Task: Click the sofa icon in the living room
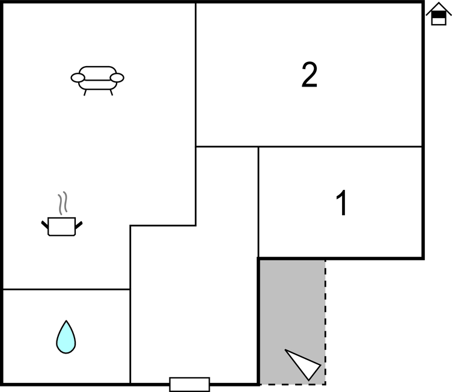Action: (x=97, y=81)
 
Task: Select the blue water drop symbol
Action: (x=66, y=337)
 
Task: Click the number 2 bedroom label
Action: (x=310, y=75)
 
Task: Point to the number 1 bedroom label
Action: (x=341, y=203)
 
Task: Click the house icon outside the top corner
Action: (x=438, y=14)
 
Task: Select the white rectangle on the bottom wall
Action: (x=190, y=385)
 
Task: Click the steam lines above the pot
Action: (x=63, y=203)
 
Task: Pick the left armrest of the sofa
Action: (x=78, y=78)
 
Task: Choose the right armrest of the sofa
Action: (x=117, y=78)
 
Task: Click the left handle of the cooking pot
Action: (x=44, y=225)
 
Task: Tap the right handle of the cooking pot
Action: (x=79, y=225)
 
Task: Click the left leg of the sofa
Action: (x=85, y=93)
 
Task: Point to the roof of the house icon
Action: (x=438, y=8)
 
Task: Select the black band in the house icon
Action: (x=438, y=14)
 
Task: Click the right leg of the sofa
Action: (x=111, y=93)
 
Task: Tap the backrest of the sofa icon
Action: (x=97, y=73)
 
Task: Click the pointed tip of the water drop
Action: (x=66, y=320)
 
